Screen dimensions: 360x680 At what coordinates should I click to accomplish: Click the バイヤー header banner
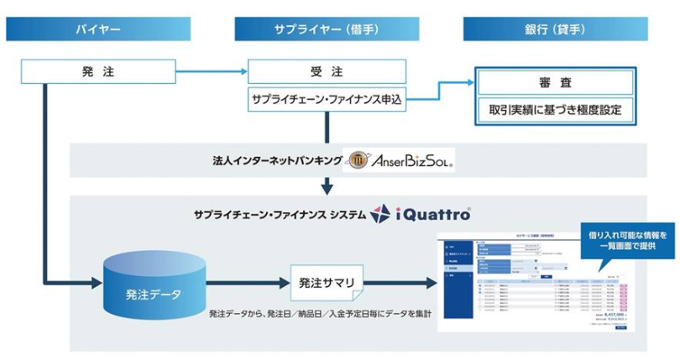99,29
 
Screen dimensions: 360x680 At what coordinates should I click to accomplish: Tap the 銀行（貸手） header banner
557,29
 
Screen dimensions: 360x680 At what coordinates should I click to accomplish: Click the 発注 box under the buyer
99,71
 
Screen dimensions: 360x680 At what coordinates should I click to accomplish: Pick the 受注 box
327,71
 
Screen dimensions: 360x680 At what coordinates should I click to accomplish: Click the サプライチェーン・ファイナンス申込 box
327,99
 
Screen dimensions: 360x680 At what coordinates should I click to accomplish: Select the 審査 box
556,83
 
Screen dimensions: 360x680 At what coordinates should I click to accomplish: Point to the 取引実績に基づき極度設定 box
556,109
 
